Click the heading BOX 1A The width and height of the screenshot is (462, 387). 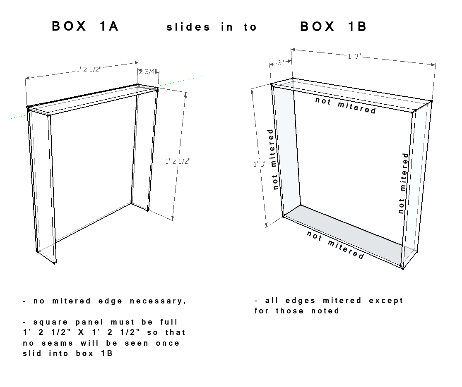pyautogui.click(x=85, y=26)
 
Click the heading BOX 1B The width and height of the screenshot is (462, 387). pyautogui.click(x=333, y=26)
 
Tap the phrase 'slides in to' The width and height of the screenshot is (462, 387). pyautogui.click(x=212, y=27)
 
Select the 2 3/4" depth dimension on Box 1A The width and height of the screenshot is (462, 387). pyautogui.click(x=148, y=72)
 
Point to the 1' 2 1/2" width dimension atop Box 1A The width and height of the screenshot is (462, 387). pyautogui.click(x=89, y=69)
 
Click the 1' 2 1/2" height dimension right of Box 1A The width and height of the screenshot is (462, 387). pyautogui.click(x=178, y=161)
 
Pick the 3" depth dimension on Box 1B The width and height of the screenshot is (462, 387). pyautogui.click(x=281, y=63)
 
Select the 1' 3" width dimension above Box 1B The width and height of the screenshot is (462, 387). pyautogui.click(x=354, y=56)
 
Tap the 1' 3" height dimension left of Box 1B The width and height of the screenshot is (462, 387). pyautogui.click(x=260, y=164)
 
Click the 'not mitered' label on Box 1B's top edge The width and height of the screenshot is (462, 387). pyautogui.click(x=346, y=105)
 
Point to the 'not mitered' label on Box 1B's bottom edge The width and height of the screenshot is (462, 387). pyautogui.click(x=335, y=245)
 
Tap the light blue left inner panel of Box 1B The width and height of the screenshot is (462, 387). pyautogui.click(x=286, y=150)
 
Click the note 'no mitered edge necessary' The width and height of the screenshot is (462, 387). pyautogui.click(x=105, y=301)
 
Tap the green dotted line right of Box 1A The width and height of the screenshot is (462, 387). pyautogui.click(x=181, y=80)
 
